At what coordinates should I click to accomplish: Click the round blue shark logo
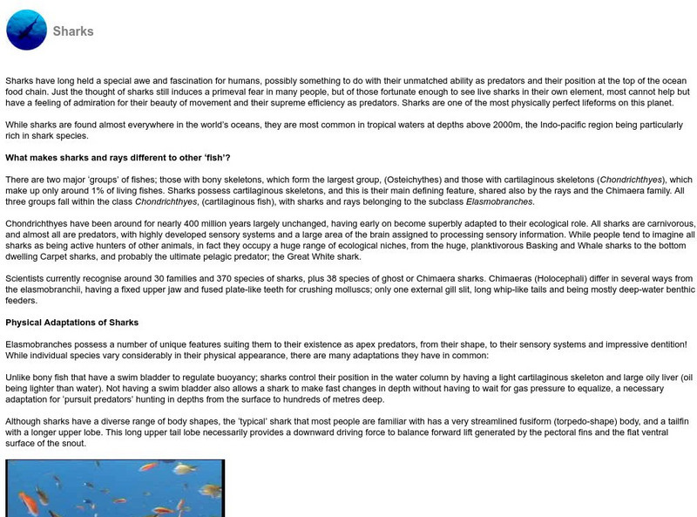(26, 31)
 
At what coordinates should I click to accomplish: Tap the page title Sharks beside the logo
(72, 31)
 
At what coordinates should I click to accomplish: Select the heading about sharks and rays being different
(118, 158)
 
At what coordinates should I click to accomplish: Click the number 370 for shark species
(223, 278)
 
